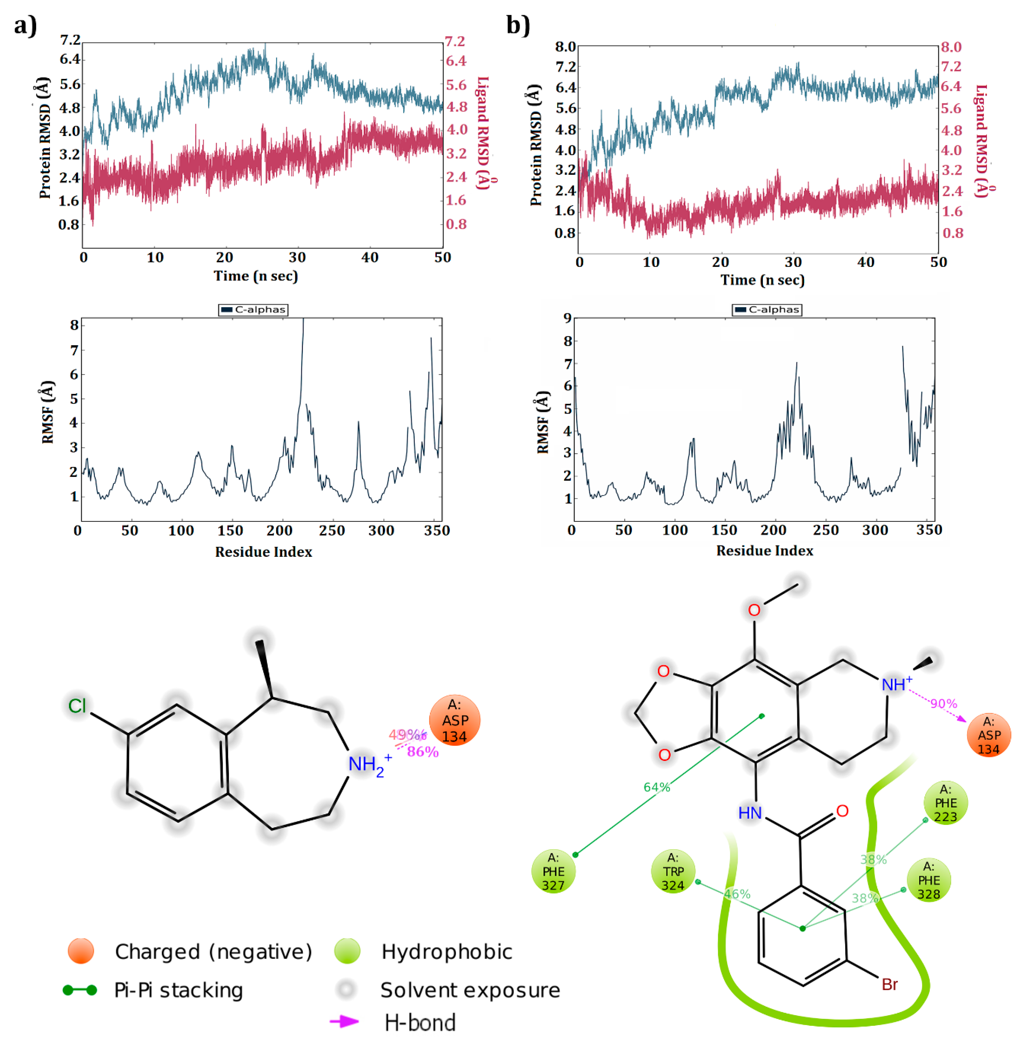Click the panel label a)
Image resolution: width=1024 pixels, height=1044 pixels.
pos(25,25)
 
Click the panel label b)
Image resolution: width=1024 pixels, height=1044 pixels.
pos(518,25)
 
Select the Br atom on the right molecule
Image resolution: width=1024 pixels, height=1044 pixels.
pos(890,984)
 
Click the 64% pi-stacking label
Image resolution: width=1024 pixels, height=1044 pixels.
pos(657,787)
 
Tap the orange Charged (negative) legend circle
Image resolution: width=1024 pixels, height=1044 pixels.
pos(81,951)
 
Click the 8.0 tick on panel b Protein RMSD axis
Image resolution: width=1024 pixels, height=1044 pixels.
pos(565,47)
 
